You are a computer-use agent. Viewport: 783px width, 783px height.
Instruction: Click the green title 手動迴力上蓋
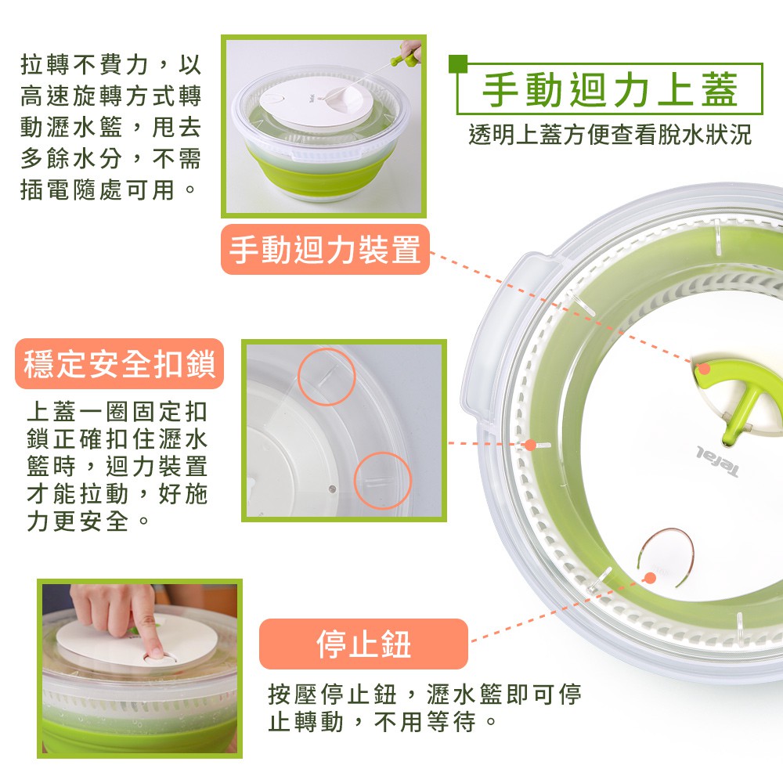610,89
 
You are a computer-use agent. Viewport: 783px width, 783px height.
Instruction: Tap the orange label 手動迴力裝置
325,249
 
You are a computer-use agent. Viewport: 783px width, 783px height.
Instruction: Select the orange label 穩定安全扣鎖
119,363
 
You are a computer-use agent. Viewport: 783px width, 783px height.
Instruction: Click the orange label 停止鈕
363,644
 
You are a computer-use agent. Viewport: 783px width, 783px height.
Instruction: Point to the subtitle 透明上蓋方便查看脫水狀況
610,135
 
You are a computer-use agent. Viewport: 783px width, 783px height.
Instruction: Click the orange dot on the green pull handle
704,369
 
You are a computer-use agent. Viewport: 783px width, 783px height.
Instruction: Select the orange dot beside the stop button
650,578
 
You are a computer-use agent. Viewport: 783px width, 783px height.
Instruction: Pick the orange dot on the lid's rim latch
530,445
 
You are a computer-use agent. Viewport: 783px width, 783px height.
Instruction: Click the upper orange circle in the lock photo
327,377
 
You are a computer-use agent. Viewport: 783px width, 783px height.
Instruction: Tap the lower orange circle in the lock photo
383,481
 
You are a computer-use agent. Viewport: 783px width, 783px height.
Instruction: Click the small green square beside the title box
458,63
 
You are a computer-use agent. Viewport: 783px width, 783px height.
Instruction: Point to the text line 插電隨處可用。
108,189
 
